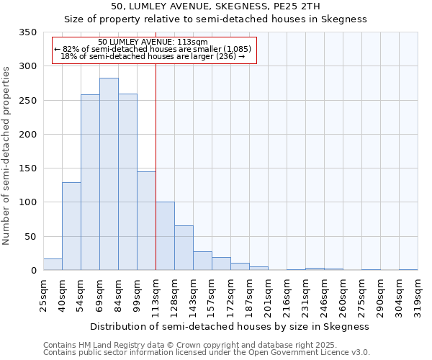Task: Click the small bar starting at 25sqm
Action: tap(53, 264)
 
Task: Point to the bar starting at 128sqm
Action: tap(184, 248)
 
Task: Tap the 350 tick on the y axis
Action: tap(28, 32)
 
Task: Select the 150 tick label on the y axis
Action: tap(28, 168)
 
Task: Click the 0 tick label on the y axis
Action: tap(33, 271)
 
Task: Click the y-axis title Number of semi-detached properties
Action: tap(7, 155)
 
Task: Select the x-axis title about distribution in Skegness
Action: tap(230, 326)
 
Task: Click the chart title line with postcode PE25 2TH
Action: tap(216, 6)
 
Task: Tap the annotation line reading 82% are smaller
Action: tap(153, 48)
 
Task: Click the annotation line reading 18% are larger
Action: tap(153, 55)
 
